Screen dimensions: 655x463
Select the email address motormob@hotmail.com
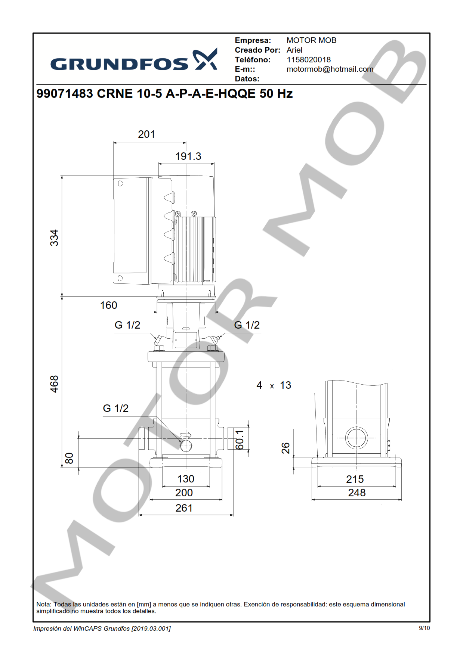coord(330,69)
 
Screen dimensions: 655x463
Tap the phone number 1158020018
coord(308,60)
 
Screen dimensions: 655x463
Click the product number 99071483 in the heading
coord(65,93)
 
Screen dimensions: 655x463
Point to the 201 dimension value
coord(146,134)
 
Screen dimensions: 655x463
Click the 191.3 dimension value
coord(188,156)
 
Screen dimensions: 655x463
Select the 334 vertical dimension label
coord(55,238)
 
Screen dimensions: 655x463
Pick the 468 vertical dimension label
coord(55,384)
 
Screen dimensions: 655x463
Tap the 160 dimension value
coord(109,305)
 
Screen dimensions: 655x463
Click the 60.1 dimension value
coord(240,440)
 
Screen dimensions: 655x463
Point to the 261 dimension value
coord(184,508)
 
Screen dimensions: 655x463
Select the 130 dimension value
coord(185,479)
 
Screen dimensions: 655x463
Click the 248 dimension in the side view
coord(356,493)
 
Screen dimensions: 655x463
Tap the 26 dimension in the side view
coord(285,448)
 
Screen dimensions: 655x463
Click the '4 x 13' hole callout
coord(274,385)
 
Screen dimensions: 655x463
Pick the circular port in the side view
coord(356,438)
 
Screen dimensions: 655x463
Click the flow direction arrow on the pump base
coord(186,435)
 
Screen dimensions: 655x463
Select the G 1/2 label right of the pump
coord(247,325)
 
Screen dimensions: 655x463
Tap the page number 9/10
coord(424,628)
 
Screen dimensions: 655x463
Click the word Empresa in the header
coord(253,40)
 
